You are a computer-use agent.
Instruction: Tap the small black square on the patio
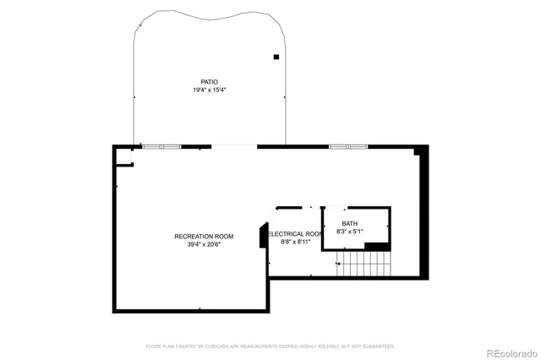276,57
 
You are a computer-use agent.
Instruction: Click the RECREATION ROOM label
204,236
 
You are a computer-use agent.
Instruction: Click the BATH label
350,223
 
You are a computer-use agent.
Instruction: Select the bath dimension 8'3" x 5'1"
350,231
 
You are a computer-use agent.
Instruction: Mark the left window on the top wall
161,147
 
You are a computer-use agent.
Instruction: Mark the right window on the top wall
348,147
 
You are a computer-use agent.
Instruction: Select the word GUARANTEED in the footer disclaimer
377,346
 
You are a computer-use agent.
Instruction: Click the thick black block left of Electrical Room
263,236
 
